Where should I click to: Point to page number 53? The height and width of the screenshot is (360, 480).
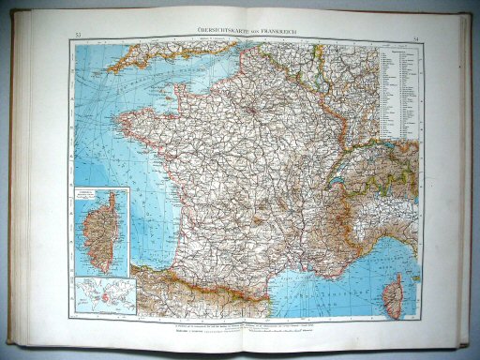(76, 37)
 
